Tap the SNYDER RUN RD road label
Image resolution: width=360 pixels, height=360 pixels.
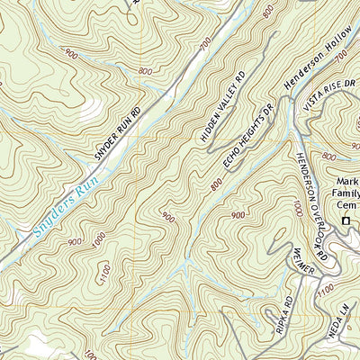[x=118, y=135]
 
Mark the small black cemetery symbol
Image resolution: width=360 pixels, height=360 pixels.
[x=346, y=220]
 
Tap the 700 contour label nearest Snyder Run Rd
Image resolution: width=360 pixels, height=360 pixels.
[x=205, y=42]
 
